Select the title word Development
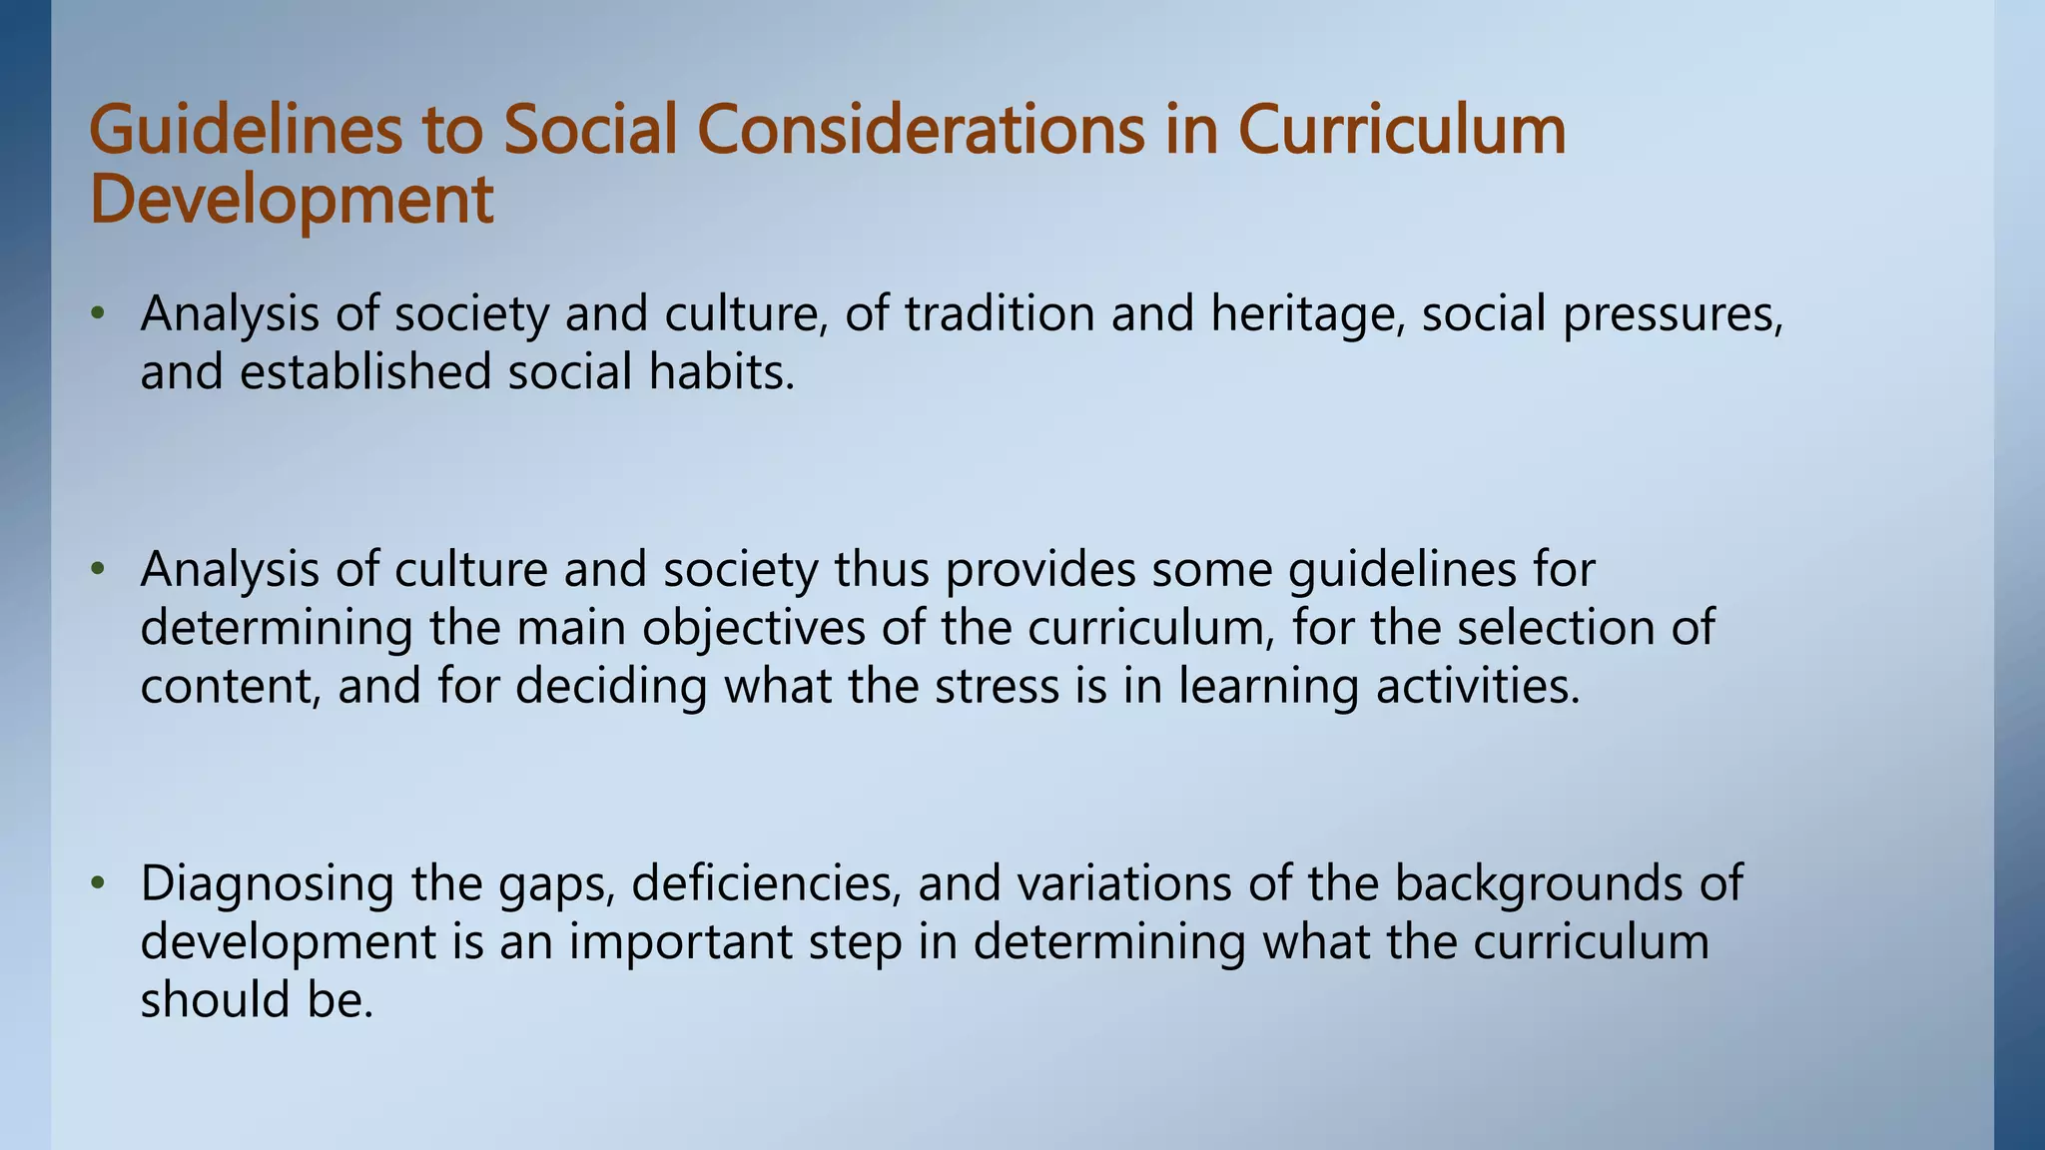(x=292, y=200)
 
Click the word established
(x=365, y=372)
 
